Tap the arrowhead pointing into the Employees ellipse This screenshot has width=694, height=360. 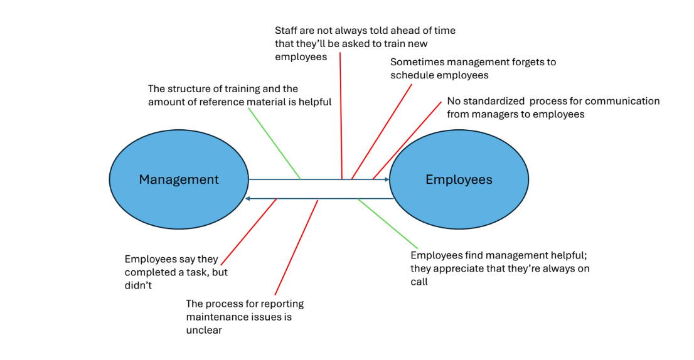(x=387, y=180)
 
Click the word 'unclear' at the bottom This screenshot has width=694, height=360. (x=204, y=330)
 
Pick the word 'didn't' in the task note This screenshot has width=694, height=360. (x=138, y=285)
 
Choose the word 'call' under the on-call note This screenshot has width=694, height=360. (x=419, y=282)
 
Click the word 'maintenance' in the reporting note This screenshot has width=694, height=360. (x=218, y=317)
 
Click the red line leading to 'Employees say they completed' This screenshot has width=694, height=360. (x=248, y=232)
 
